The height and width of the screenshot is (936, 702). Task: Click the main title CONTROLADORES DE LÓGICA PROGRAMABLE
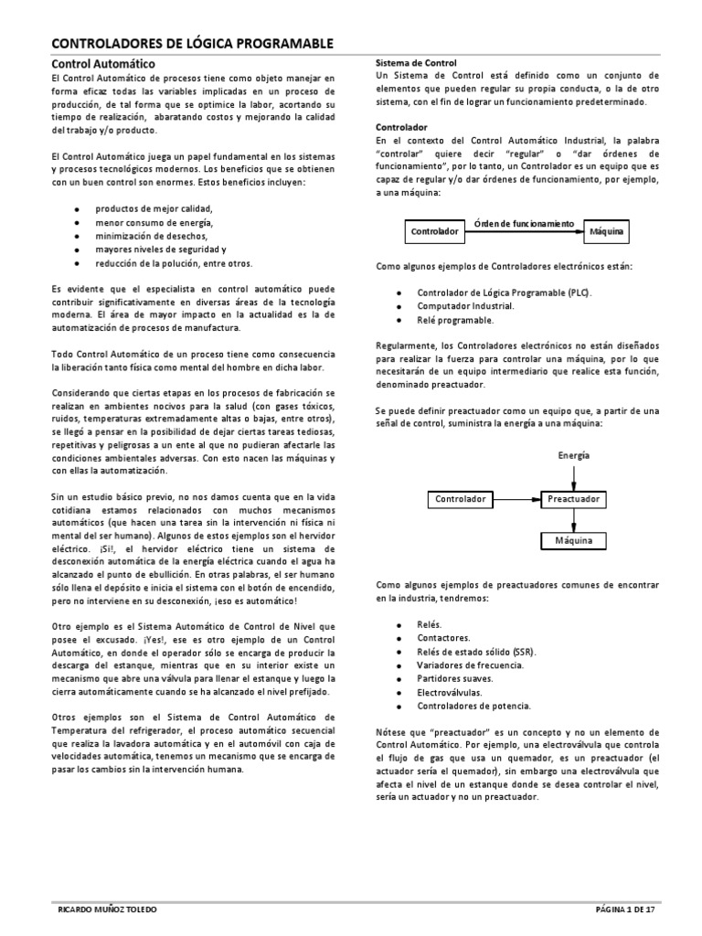[190, 44]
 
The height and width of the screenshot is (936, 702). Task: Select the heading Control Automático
[102, 64]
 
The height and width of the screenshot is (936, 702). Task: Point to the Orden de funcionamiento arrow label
[524, 224]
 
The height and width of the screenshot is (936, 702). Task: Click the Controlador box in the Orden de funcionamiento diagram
[434, 232]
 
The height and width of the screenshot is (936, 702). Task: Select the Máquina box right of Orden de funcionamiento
[607, 232]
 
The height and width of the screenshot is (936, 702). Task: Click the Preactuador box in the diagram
[573, 499]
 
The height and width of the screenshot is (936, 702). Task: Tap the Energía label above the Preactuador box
[573, 455]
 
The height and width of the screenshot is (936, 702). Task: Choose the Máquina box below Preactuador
[573, 541]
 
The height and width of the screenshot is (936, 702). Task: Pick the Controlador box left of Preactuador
[460, 499]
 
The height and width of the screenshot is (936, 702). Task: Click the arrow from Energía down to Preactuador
[573, 475]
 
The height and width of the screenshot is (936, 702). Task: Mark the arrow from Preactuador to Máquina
[573, 520]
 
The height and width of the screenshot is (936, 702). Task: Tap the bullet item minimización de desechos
[152, 236]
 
